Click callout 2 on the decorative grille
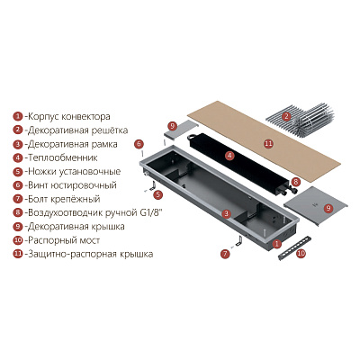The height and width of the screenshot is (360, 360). (286, 116)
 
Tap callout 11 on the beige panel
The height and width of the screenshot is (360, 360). (268, 143)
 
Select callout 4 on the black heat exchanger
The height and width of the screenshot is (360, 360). (229, 156)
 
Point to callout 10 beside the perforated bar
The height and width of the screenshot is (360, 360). (301, 254)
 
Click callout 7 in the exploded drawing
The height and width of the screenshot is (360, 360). (225, 254)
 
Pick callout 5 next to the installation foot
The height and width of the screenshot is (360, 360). (158, 194)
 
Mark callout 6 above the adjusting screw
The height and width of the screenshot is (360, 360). (139, 144)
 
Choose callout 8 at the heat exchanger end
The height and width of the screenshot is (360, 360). (295, 182)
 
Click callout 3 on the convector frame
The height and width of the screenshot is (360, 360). (227, 213)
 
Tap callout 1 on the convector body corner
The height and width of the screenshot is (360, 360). (277, 244)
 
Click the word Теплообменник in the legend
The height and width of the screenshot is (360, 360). (63, 157)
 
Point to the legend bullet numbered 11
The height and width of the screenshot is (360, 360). (18, 254)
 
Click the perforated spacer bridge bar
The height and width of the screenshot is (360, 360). (292, 248)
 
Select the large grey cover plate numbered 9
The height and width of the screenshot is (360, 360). (315, 205)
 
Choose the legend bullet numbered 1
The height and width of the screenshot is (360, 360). (18, 116)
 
